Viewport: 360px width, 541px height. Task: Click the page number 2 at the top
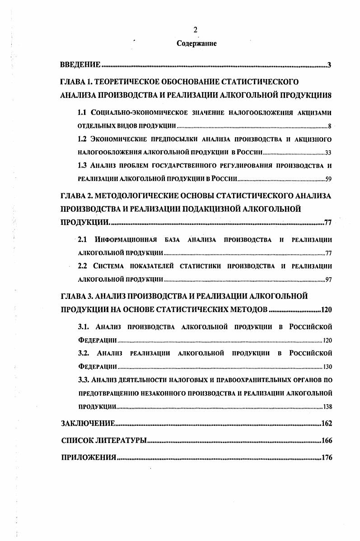coord(195,30)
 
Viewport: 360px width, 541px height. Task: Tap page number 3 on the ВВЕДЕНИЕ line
coord(330,66)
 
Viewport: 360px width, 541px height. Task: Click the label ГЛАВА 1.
coord(77,82)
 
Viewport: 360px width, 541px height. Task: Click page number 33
coord(329,152)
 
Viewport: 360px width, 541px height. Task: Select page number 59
coord(329,179)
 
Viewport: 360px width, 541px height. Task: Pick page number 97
coord(329,280)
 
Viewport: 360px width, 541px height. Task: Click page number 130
coord(327,366)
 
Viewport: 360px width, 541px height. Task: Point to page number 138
coord(327,406)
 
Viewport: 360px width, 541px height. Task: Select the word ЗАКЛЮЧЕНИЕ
coord(87,424)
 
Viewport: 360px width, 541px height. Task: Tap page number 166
coord(326,440)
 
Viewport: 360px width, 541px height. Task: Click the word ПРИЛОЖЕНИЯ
coord(89,457)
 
